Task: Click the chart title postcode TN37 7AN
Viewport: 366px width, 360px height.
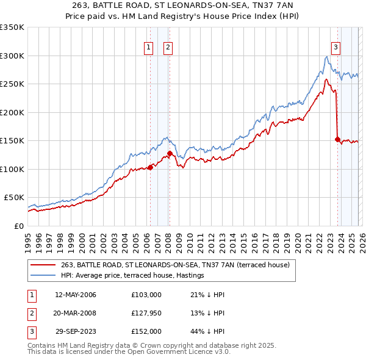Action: point(276,5)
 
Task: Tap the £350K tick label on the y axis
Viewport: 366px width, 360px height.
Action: point(12,27)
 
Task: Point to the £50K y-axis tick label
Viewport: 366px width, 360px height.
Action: point(14,198)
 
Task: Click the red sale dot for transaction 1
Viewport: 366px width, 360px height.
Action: point(150,167)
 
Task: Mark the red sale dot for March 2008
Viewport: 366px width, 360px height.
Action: point(170,153)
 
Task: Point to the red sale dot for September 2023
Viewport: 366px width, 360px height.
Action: point(337,139)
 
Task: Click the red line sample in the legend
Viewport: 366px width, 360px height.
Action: point(43,265)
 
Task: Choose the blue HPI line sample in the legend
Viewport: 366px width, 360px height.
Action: point(43,276)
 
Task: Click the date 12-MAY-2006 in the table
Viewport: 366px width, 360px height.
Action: point(76,295)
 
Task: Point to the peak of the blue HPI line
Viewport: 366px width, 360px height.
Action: point(327,57)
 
